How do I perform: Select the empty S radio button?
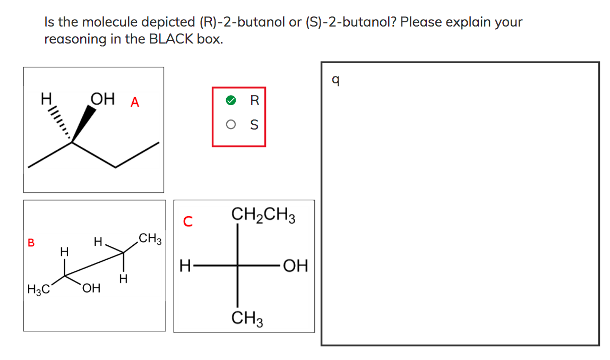tap(230, 125)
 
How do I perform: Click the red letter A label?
tap(135, 102)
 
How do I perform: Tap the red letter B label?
tap(31, 243)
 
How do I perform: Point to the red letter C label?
tap(187, 221)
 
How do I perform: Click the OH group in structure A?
tap(102, 99)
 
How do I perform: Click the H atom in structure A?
tap(46, 99)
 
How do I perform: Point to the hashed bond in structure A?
tap(62, 124)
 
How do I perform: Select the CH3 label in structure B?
tap(150, 238)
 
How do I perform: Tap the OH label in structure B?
tap(91, 289)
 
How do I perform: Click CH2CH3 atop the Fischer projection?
tap(264, 216)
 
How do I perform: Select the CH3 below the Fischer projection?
tap(248, 319)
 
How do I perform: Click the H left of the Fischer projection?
tap(185, 265)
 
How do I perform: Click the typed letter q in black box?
tap(335, 80)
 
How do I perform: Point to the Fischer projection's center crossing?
tap(237, 265)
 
